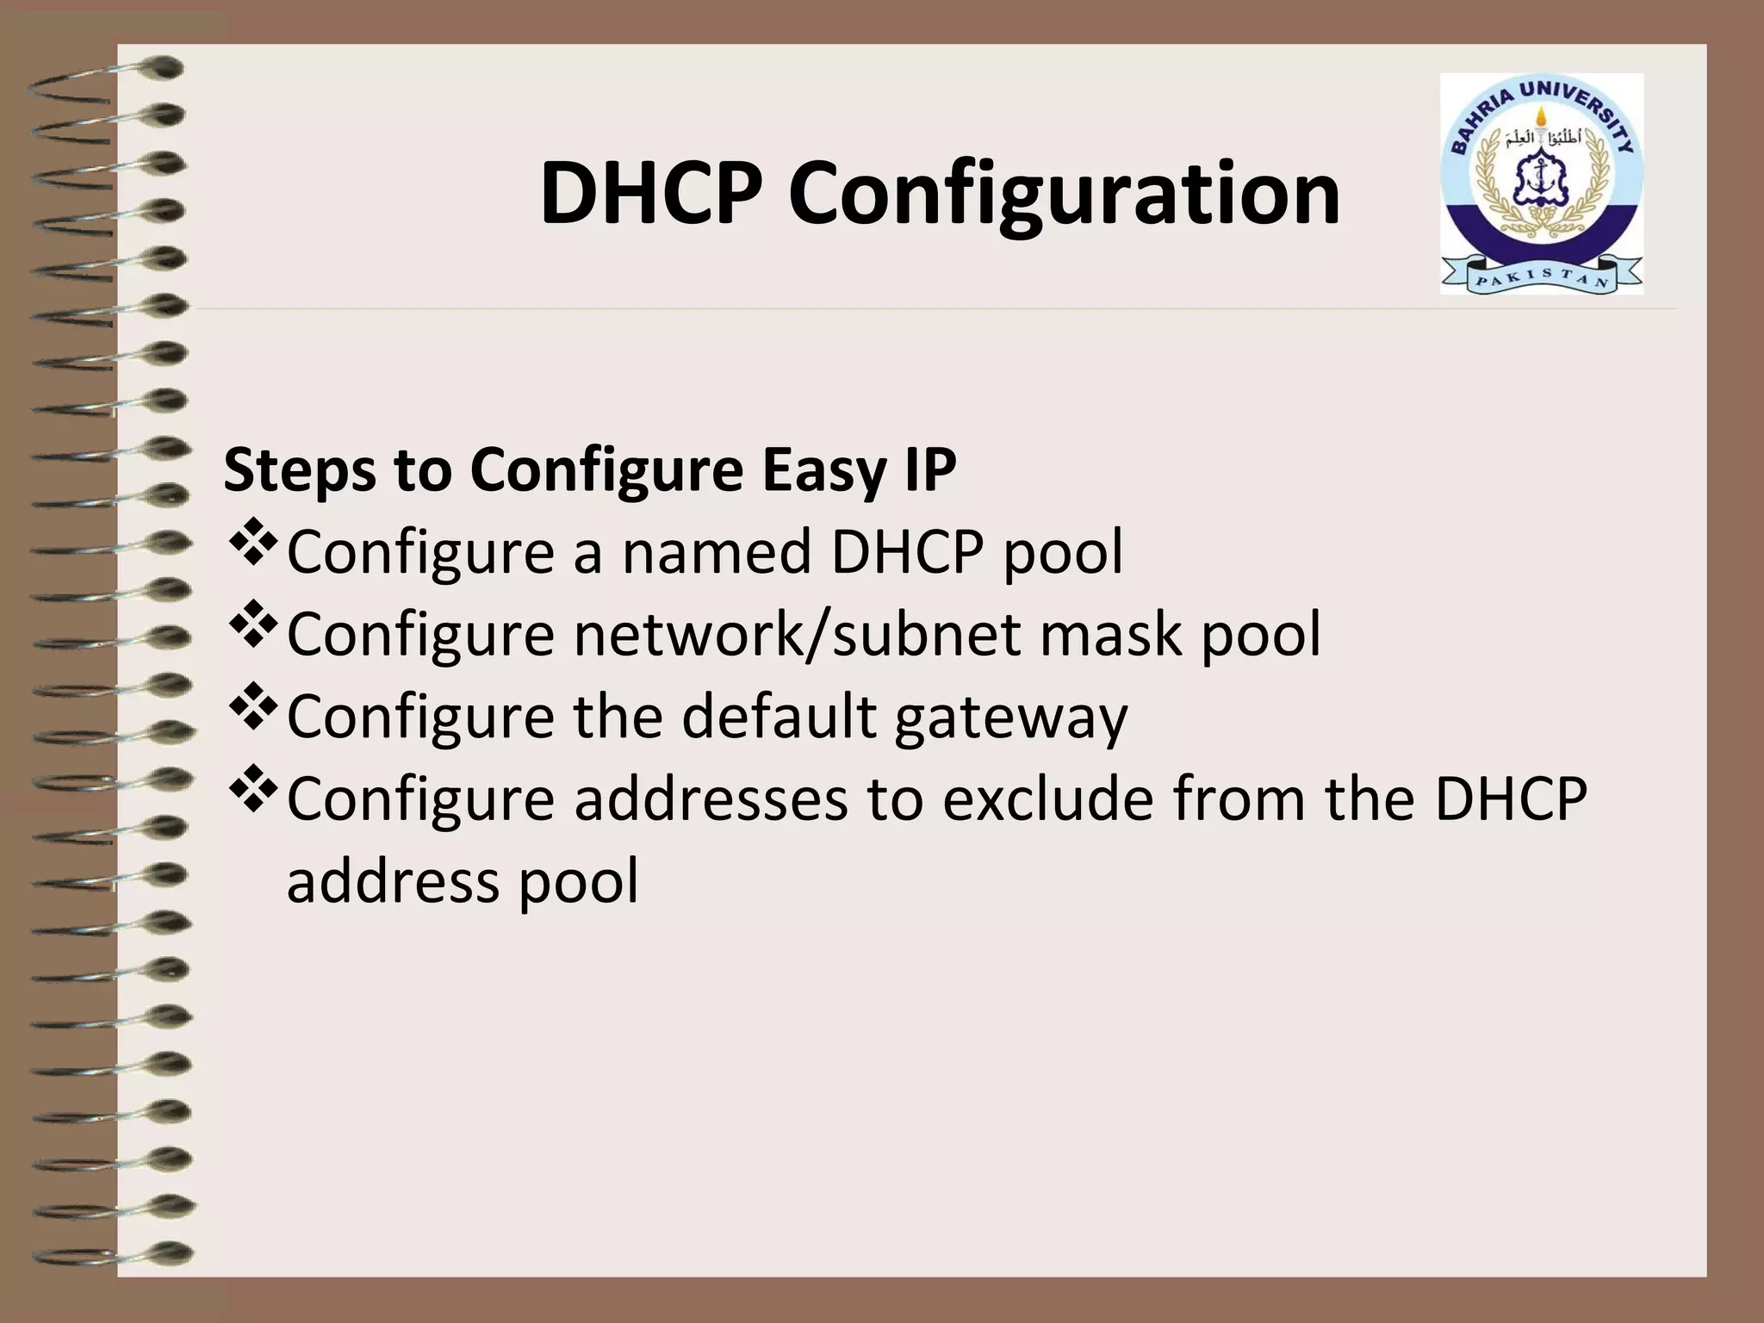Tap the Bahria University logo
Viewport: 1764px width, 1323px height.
click(1541, 183)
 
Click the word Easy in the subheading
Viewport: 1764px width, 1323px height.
click(815, 471)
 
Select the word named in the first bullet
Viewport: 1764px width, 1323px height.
click(717, 551)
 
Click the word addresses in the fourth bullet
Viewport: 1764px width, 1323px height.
click(711, 798)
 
